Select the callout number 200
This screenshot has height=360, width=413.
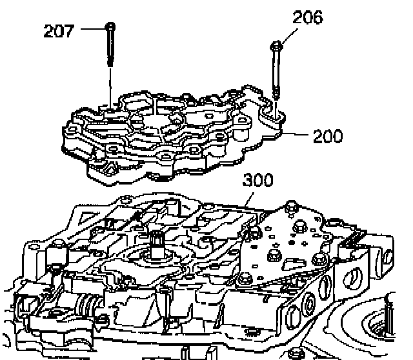click(328, 136)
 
